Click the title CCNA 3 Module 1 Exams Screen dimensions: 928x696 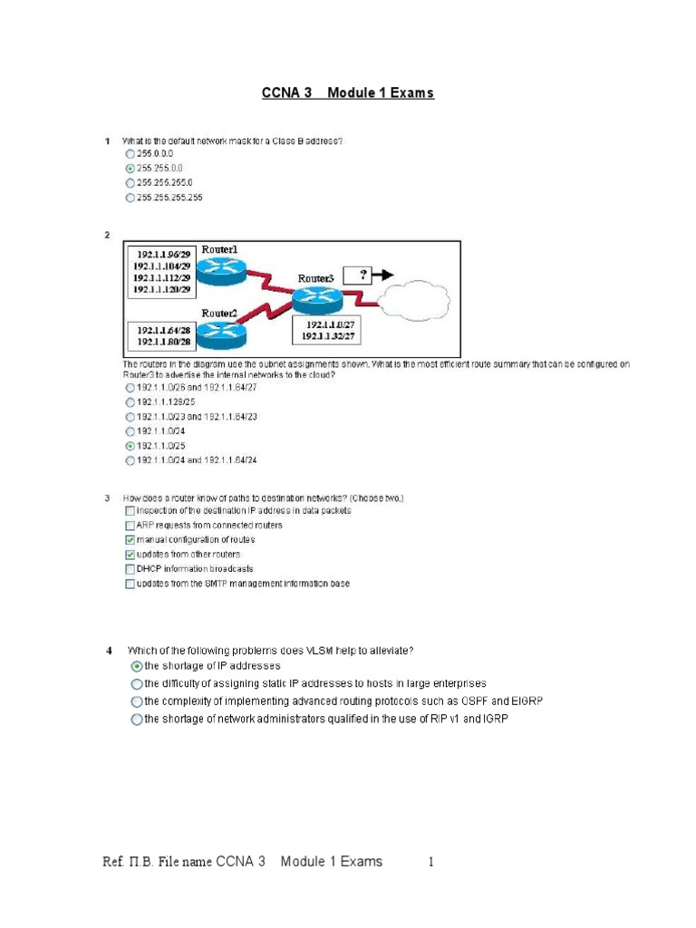click(x=348, y=93)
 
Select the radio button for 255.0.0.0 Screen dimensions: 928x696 click(x=130, y=155)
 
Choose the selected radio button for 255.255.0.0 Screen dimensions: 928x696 click(x=130, y=169)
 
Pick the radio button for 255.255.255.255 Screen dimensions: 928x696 click(x=130, y=197)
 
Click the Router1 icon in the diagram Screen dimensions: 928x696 click(x=220, y=269)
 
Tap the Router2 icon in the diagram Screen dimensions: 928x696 click(x=222, y=335)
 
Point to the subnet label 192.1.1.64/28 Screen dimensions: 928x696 click(x=163, y=331)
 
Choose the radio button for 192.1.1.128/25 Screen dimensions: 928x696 click(x=130, y=401)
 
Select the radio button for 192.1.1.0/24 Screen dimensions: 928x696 click(x=130, y=431)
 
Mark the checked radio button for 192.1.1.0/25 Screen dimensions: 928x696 click(x=130, y=446)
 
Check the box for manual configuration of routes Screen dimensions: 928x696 click(x=130, y=539)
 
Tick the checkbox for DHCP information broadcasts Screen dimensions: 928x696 click(x=130, y=568)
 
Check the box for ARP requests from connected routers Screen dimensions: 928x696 click(x=130, y=525)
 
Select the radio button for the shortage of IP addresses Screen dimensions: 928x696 click(x=137, y=666)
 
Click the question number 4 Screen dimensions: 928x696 click(x=109, y=650)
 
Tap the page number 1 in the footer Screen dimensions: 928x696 click(x=431, y=862)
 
